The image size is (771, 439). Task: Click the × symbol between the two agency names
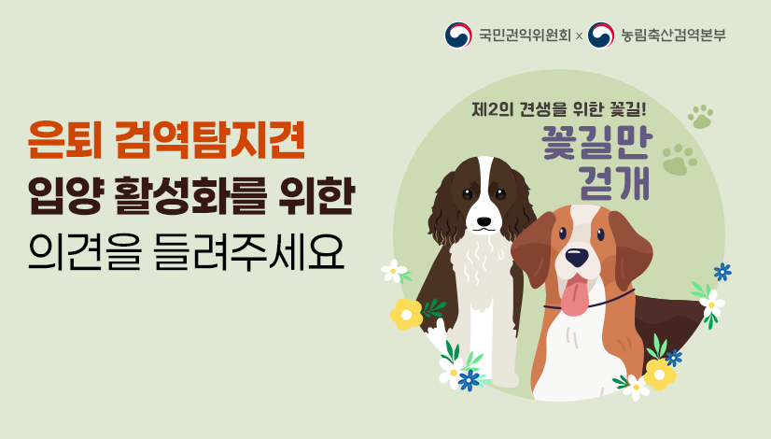580,36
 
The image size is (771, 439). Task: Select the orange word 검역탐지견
210,142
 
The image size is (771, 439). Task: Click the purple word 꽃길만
598,145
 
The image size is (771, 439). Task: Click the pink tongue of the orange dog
575,296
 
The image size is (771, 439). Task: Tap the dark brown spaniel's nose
483,221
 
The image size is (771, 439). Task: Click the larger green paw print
679,160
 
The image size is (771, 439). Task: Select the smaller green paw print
700,117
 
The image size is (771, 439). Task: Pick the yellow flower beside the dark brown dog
406,314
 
